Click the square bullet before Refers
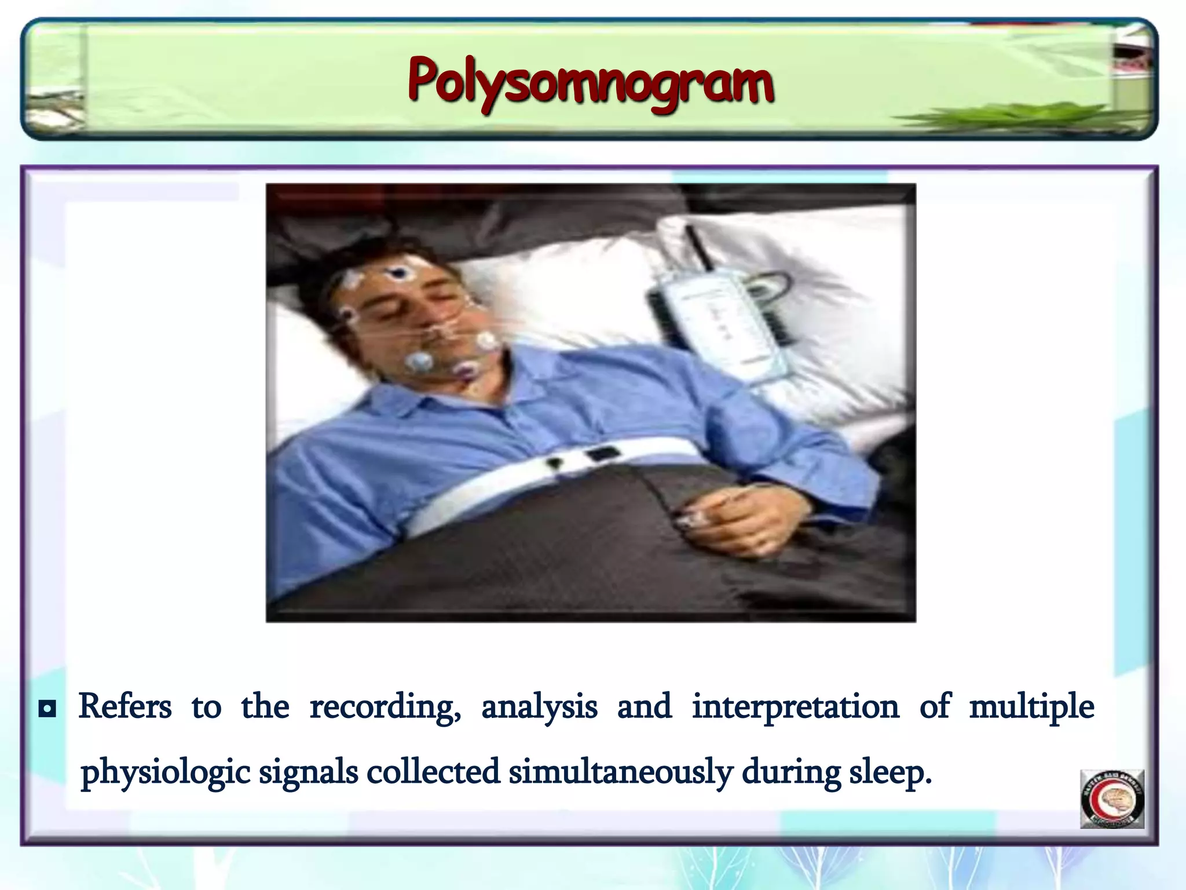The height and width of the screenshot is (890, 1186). pos(47,709)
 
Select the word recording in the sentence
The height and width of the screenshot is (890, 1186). pos(385,707)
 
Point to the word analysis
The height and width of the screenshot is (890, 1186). pos(539,707)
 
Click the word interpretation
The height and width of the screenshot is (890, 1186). pos(795,707)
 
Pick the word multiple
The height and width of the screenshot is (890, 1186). pos(1031,707)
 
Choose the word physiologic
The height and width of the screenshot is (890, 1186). pos(165,772)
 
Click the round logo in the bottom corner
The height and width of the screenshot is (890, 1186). pos(1112,799)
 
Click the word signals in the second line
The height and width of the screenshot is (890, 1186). pos(308,772)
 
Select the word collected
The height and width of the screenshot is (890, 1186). pos(433,772)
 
